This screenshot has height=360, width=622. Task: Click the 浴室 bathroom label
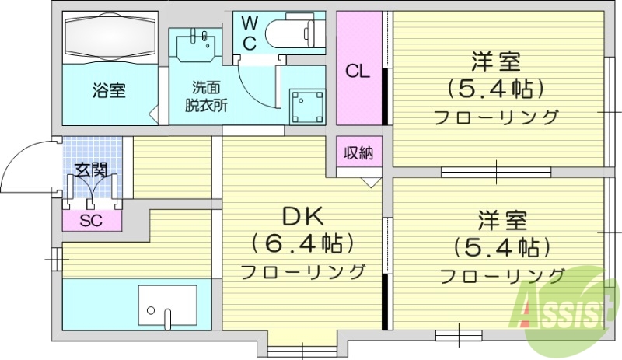[110, 89]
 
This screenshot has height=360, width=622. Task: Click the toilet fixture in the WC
[294, 33]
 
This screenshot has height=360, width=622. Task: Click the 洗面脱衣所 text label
[206, 97]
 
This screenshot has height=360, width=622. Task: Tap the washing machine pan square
[306, 106]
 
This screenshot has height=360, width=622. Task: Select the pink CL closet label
[358, 72]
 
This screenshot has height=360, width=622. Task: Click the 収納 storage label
[359, 152]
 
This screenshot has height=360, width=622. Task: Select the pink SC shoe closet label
[92, 220]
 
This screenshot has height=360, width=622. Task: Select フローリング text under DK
[302, 272]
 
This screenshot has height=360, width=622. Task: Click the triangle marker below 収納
[370, 182]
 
